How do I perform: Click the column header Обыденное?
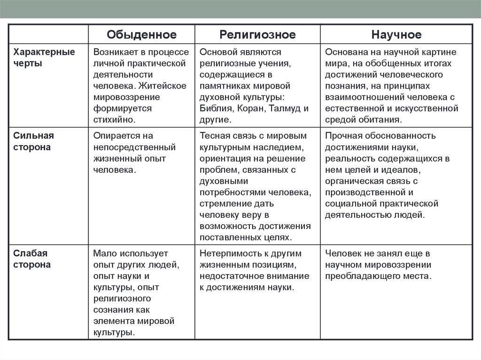click(x=141, y=35)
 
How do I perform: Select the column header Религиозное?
click(x=257, y=35)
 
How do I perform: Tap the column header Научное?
click(x=396, y=35)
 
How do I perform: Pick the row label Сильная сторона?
click(x=33, y=141)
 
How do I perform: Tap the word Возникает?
click(x=116, y=52)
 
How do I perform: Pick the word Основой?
click(x=219, y=52)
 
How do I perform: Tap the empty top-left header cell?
click(x=49, y=35)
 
